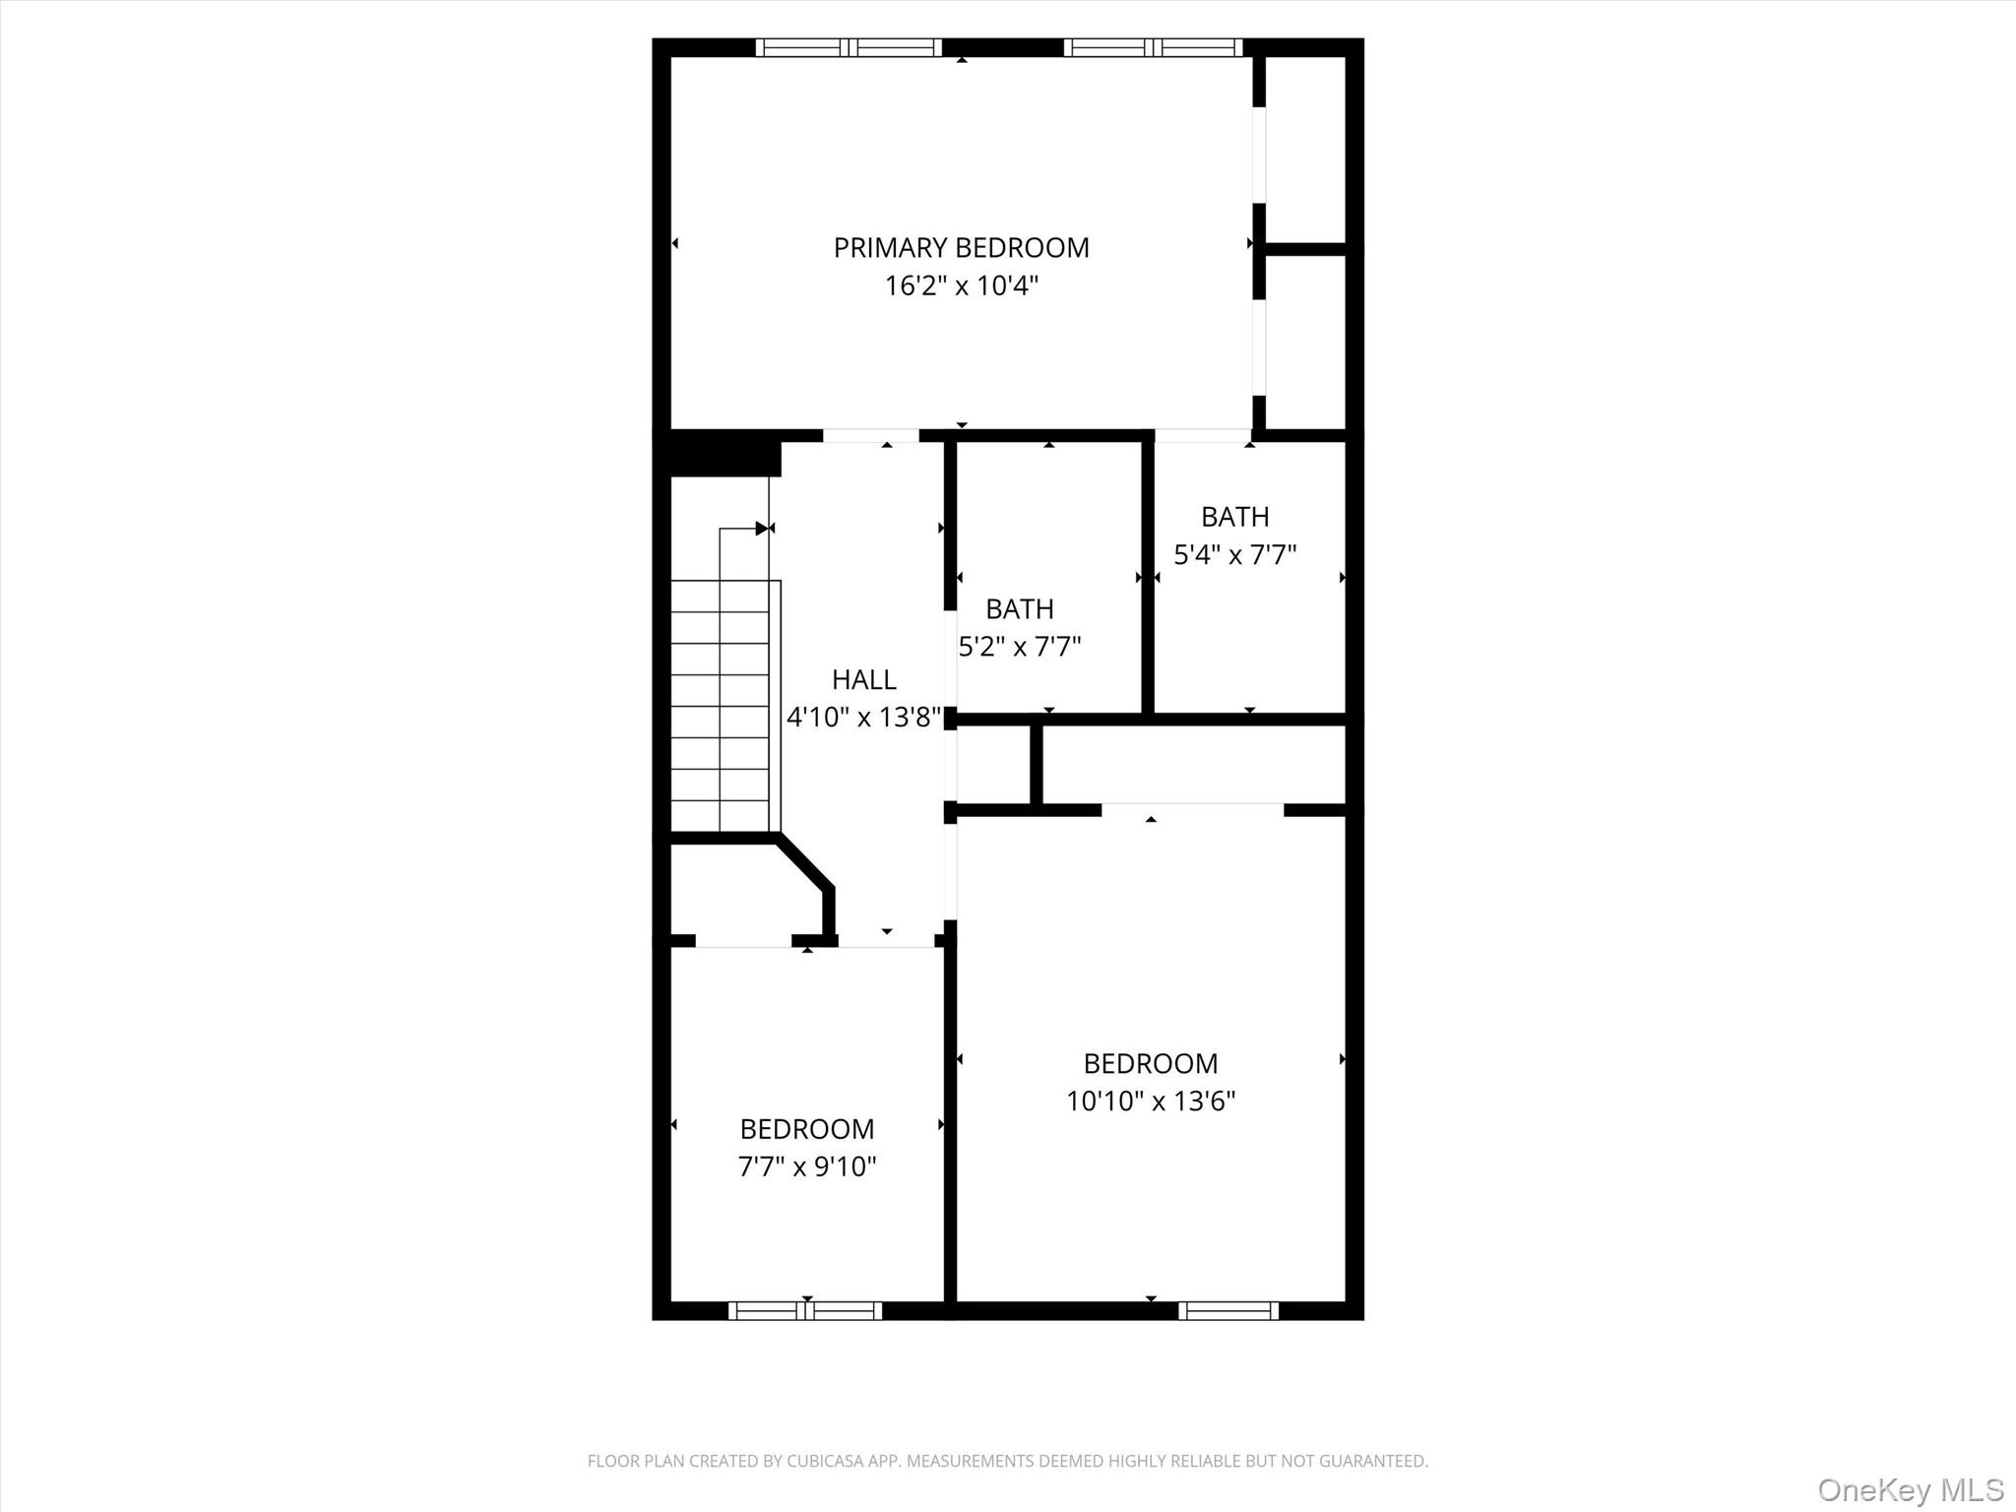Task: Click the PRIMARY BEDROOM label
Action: (x=961, y=247)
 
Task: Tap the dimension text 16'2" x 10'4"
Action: (x=961, y=285)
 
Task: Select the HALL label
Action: (x=863, y=679)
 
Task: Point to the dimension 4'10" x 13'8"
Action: (x=863, y=717)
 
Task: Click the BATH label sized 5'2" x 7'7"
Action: (x=1019, y=608)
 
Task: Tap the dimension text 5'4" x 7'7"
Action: (x=1234, y=554)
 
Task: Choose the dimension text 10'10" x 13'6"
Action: (x=1150, y=1101)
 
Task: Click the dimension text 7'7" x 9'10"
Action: (x=806, y=1166)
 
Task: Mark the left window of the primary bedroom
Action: (x=849, y=47)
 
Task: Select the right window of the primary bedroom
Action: (x=1153, y=47)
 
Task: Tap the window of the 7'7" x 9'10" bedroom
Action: (x=805, y=1310)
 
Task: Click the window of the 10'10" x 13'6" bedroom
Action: (x=1228, y=1310)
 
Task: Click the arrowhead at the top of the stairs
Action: (x=761, y=529)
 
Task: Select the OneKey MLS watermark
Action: (x=1910, y=1489)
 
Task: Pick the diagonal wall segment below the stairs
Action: (x=805, y=862)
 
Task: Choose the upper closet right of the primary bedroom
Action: (x=1305, y=148)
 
